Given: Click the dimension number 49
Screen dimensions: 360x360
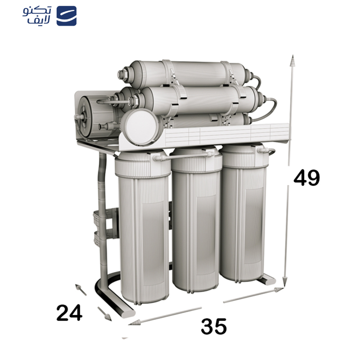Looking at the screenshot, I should click(306, 178).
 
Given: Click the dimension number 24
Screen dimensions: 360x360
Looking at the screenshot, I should click(69, 313).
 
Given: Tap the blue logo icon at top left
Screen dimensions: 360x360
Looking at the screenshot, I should click(66, 16).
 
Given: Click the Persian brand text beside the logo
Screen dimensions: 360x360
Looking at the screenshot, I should click(38, 16).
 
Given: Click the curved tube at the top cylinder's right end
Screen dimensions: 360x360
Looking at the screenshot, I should click(257, 81).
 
